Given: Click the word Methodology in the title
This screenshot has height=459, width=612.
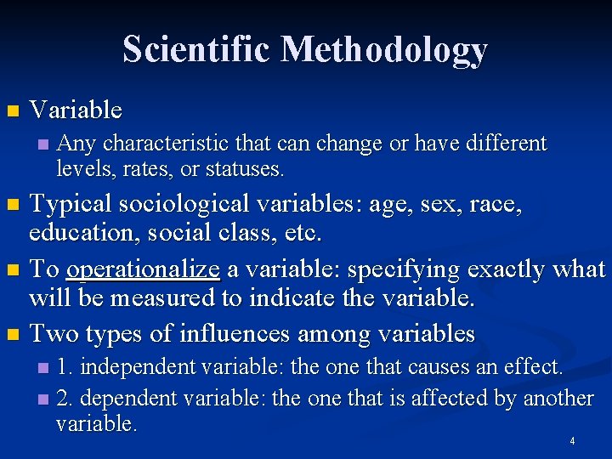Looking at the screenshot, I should point(385,50).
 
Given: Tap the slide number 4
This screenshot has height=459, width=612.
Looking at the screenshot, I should point(572,441).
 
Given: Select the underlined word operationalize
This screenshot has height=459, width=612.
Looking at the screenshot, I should point(143,269).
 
